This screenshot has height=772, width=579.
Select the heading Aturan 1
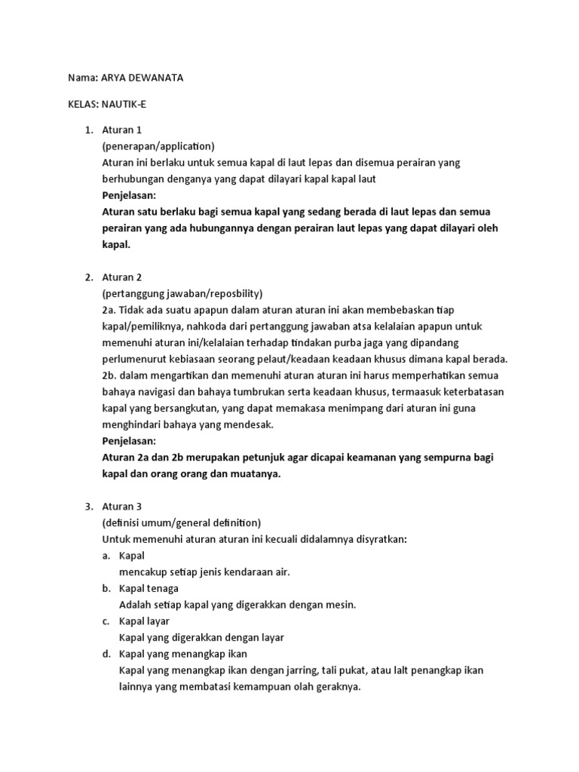tap(122, 130)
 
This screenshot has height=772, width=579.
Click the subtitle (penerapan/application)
tap(158, 146)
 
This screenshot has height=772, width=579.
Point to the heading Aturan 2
tap(122, 277)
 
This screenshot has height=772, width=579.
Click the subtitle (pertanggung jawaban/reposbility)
tap(182, 293)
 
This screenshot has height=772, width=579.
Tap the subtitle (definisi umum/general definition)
tap(182, 522)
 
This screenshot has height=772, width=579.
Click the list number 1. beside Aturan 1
tap(87, 130)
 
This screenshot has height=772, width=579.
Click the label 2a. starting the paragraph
tap(110, 310)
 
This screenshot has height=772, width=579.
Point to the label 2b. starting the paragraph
tap(110, 375)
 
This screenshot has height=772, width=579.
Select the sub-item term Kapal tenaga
tap(149, 588)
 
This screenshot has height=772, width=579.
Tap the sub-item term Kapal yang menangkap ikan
tap(183, 653)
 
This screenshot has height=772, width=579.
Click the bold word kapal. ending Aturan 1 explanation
tap(116, 244)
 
